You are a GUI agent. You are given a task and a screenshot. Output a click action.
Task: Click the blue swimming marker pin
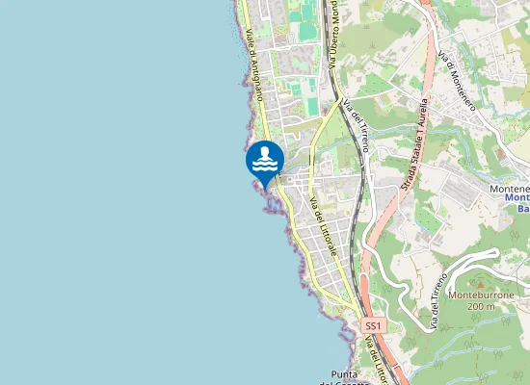tap(264, 161)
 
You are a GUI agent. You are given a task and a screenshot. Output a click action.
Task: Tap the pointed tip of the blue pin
tap(264, 187)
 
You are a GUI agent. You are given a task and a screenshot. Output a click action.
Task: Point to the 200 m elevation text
tap(479, 306)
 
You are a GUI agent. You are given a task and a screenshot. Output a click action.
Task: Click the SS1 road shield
tap(373, 327)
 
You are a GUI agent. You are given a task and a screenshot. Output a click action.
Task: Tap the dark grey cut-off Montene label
tap(510, 189)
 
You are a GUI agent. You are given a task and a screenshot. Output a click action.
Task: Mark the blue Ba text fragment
tap(522, 207)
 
